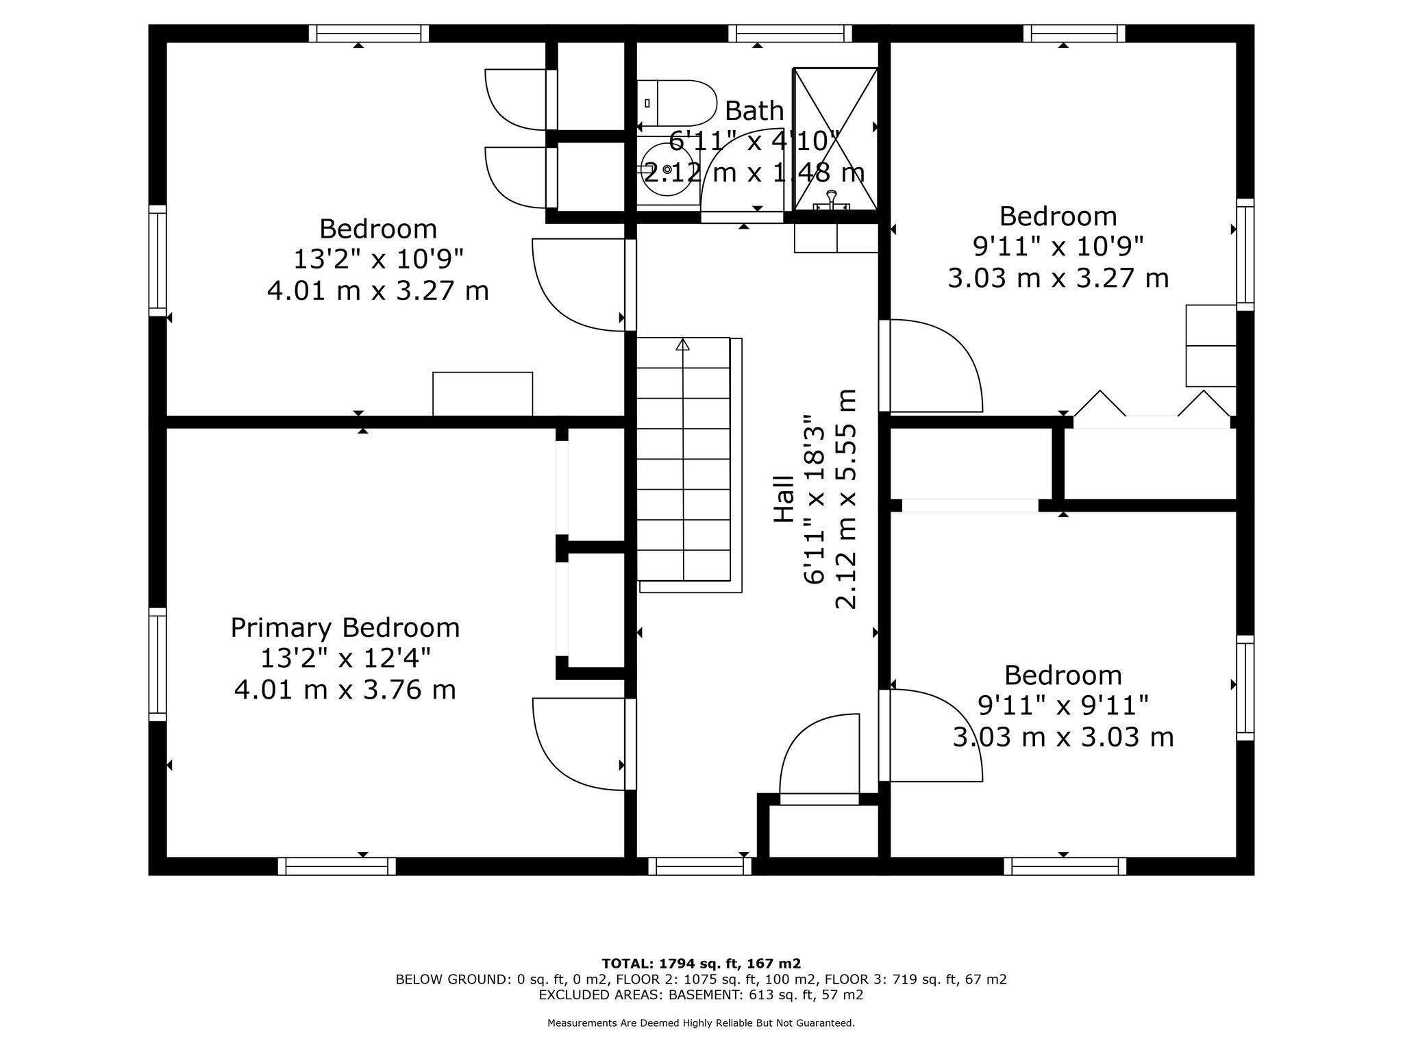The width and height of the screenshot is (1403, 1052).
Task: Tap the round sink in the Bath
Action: (x=667, y=169)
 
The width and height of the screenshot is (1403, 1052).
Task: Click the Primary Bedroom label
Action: (x=345, y=627)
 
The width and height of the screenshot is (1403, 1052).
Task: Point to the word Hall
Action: (x=784, y=499)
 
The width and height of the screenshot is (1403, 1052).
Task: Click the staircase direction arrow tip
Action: (x=682, y=340)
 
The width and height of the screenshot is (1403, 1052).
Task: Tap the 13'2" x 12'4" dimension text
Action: (x=345, y=659)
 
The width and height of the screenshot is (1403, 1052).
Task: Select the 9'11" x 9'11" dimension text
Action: (x=1063, y=705)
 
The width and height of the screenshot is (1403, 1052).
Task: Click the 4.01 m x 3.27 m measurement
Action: (x=377, y=290)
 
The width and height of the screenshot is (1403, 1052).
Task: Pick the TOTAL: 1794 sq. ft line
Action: (x=701, y=964)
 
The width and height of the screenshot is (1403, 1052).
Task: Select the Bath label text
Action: (x=754, y=110)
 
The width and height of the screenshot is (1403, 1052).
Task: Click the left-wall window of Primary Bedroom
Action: (x=158, y=664)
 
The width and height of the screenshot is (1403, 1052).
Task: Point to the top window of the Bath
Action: (x=790, y=34)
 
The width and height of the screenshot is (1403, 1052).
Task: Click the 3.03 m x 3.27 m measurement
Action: (x=1058, y=278)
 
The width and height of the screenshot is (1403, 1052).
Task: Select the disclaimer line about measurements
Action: (x=701, y=1023)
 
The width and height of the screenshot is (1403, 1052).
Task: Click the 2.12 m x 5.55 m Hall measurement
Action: (x=846, y=499)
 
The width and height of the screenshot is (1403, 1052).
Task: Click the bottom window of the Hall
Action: (x=699, y=866)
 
